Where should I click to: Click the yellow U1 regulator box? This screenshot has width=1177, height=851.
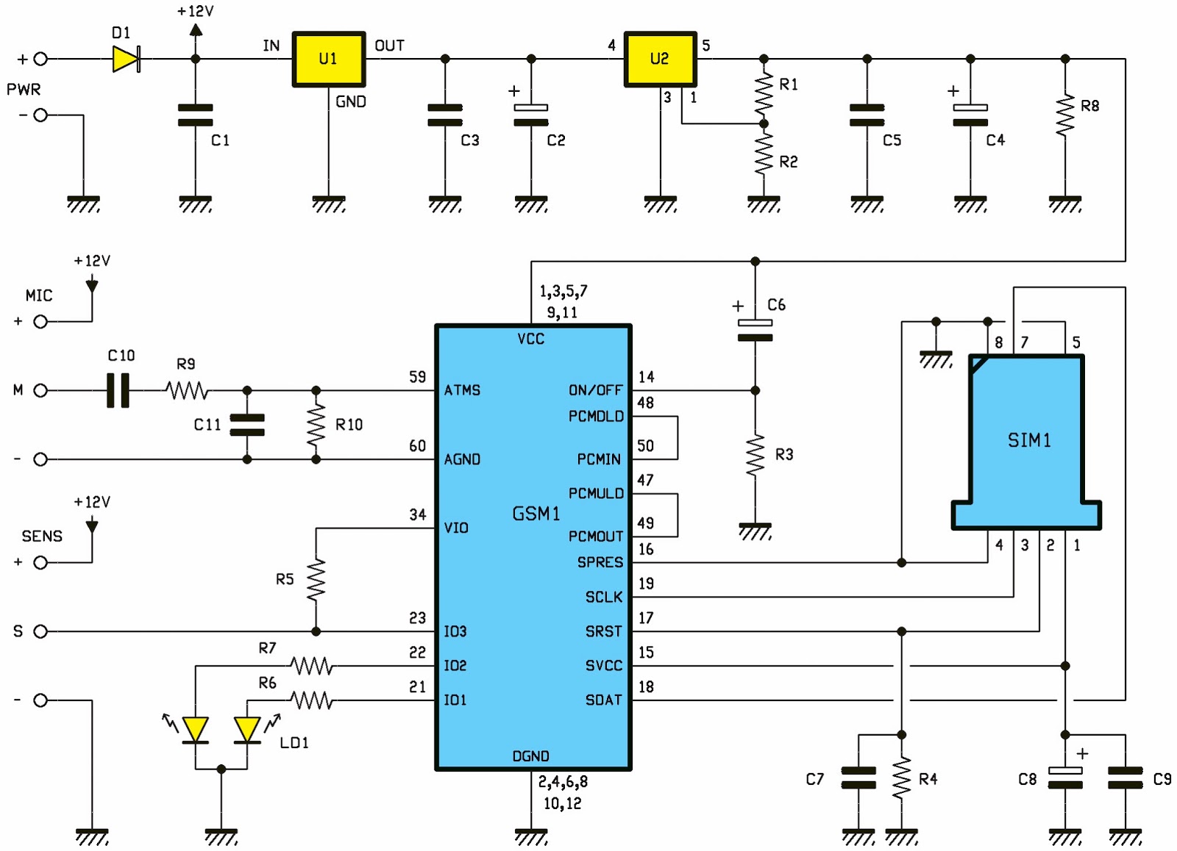point(328,59)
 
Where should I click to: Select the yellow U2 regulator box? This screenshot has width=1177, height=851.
point(660,59)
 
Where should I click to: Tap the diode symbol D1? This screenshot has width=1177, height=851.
point(126,59)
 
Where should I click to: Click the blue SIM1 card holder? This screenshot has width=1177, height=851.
point(1028,441)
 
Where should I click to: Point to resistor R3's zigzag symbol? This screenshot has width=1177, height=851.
point(755,456)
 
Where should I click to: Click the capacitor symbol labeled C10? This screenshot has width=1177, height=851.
point(118,390)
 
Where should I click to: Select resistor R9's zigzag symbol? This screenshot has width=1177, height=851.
point(187,390)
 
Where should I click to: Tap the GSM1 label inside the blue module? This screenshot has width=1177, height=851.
point(536,514)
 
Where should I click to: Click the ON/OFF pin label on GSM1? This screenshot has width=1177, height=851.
point(595,390)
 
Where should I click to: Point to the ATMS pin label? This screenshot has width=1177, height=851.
point(462,390)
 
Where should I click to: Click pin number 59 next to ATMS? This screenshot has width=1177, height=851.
point(417,377)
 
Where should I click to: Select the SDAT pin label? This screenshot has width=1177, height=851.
point(603,700)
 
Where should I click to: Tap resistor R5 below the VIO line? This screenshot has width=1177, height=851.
point(316,581)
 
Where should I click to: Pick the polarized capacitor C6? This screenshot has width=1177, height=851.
point(755,331)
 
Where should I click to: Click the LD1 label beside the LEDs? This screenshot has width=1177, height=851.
point(294,743)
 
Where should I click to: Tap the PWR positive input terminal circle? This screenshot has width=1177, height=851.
point(41,59)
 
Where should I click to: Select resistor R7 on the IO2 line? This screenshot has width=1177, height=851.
point(311,666)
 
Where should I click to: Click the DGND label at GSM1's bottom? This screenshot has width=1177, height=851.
point(530,756)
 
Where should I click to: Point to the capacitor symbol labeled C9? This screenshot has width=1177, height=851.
point(1125,778)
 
